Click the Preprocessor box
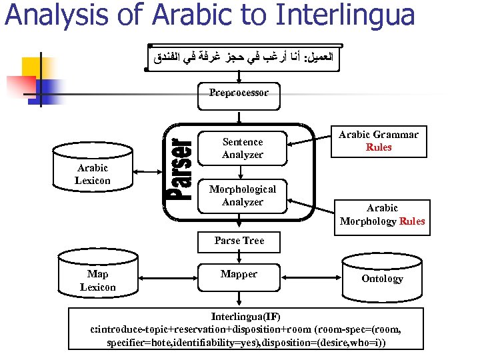point(239,93)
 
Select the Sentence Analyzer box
point(243,148)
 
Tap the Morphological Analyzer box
point(243,196)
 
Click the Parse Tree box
point(239,241)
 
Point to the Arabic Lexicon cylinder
point(93,175)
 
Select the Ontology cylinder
point(382,277)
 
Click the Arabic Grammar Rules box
point(379,141)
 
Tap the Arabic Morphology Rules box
point(382,215)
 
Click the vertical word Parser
point(180,170)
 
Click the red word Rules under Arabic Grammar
point(379,147)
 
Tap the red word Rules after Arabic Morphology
point(411,221)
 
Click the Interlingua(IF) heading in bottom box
point(246,317)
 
